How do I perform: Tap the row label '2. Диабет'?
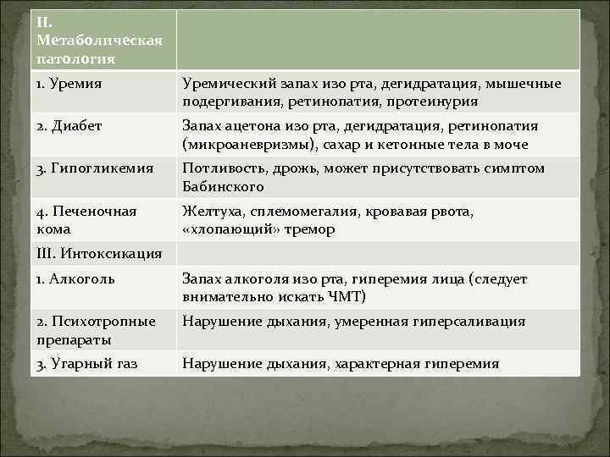coord(70,126)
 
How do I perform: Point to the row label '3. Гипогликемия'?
coord(89,168)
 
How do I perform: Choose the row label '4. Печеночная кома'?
coord(87,220)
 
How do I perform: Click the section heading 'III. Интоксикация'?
coord(94,252)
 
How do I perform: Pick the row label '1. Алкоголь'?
coord(76,278)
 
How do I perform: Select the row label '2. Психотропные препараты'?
coord(96,330)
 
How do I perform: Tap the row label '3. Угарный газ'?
coord(87,363)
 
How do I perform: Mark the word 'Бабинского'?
coord(223,186)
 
